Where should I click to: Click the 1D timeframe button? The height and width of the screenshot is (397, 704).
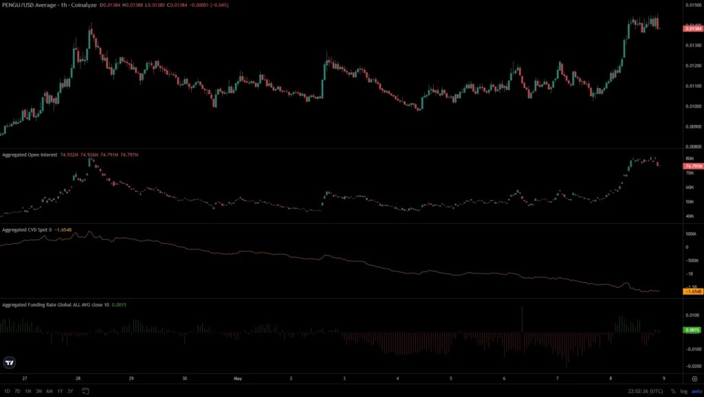(8, 391)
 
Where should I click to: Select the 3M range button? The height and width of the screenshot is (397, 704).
(38, 391)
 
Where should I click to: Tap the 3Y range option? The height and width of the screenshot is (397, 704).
(70, 391)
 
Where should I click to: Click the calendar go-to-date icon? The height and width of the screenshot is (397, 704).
(85, 391)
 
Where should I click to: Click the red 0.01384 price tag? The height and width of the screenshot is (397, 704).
(692, 27)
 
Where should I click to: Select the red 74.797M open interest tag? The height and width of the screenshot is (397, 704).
(692, 166)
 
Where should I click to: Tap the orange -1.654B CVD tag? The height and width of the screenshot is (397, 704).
(692, 292)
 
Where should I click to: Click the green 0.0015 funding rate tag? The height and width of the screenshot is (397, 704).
(692, 330)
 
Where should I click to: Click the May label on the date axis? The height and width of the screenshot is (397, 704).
(238, 378)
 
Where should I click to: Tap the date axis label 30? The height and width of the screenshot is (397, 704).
(185, 378)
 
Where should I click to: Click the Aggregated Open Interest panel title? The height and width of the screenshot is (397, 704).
(30, 155)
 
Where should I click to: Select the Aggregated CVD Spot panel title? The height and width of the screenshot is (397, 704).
(28, 229)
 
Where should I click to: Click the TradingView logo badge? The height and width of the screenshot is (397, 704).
(10, 363)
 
